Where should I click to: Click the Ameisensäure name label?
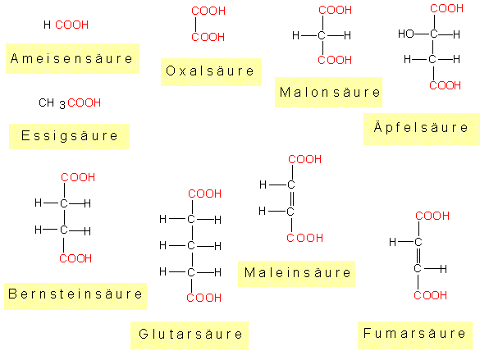72,58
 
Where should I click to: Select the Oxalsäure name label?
211,71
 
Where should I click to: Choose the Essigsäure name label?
69,136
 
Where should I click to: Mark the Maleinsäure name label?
296,274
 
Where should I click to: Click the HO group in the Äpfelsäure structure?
406,34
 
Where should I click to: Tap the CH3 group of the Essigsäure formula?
52,103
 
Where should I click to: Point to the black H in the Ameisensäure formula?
47,25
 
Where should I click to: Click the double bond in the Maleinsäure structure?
292,198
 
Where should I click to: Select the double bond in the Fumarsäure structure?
418,256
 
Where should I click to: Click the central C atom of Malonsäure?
322,35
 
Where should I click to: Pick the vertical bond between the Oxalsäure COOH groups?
195,25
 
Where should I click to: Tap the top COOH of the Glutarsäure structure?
204,194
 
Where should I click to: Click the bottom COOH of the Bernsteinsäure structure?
75,258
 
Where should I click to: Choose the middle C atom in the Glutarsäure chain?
191,246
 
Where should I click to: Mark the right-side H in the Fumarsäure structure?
443,269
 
